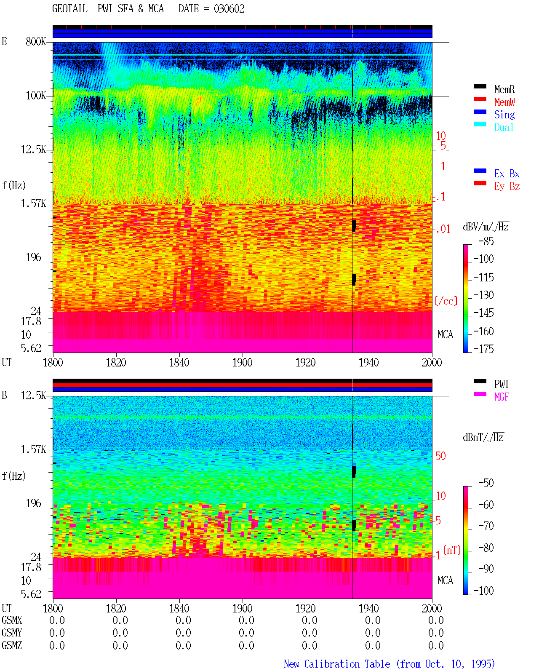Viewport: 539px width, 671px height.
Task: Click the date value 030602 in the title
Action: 229,9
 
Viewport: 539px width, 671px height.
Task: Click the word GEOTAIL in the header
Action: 70,9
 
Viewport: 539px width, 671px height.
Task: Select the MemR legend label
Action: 504,89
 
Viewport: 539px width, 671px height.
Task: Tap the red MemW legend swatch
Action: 480,99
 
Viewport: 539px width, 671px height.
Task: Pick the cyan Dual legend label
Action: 504,127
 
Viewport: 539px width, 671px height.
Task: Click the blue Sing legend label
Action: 504,115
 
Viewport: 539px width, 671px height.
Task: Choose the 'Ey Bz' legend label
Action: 507,187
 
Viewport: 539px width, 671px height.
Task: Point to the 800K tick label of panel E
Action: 36,41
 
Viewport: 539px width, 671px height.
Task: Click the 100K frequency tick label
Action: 36,96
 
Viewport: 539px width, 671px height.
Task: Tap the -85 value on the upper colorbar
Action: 486,241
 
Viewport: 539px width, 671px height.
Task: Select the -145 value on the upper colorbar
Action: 483,313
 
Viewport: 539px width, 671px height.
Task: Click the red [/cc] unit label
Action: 446,301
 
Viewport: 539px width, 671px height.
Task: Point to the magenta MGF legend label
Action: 502,397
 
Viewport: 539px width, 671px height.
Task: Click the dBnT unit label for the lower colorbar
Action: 483,438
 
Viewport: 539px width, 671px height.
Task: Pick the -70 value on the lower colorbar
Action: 486,526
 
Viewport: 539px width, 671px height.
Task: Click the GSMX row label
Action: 12,620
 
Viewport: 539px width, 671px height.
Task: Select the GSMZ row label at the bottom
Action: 12,645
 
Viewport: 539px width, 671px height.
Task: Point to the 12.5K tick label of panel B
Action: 33,396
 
